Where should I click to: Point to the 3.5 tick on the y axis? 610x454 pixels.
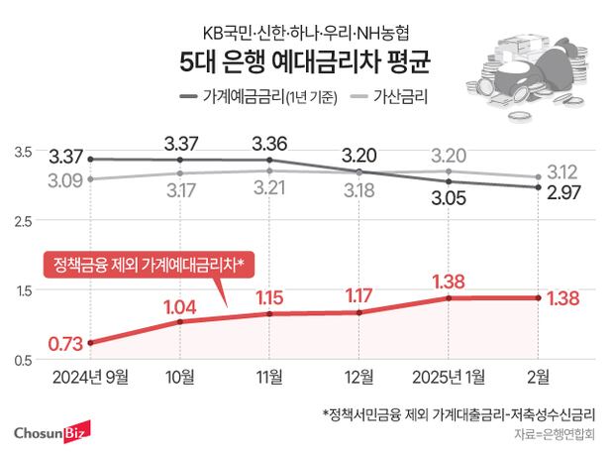tap(23, 151)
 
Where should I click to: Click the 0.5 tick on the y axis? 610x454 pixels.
tap(23, 359)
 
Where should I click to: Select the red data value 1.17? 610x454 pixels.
tap(359, 295)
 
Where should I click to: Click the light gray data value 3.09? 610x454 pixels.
tap(65, 181)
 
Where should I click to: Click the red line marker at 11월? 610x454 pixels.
tap(270, 313)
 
